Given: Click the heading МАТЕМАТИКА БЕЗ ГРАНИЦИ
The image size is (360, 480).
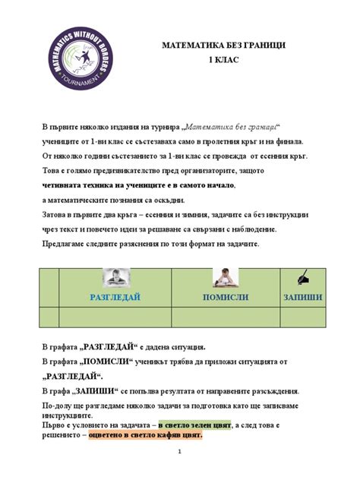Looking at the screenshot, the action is point(223,46).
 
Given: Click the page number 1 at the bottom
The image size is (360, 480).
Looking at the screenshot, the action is point(180,453).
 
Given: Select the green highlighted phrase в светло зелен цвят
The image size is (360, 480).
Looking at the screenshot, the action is point(197,426).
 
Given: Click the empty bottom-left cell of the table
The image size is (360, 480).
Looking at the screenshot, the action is point(49,317).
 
